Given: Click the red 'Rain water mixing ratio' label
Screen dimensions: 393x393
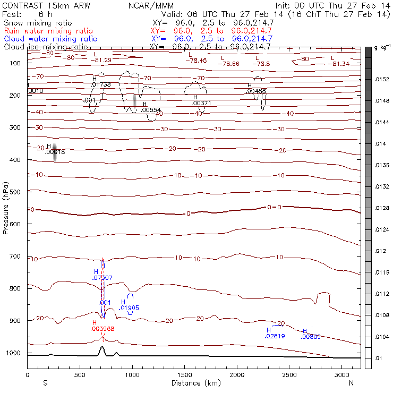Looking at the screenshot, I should tap(48, 31).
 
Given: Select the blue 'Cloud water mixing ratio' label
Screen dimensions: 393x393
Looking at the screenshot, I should tap(50, 39).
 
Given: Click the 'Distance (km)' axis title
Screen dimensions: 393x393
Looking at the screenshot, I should tap(194, 383).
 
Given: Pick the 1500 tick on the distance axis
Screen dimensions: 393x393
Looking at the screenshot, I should tap(184, 375).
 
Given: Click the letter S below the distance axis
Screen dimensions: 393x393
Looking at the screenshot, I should tap(45, 383).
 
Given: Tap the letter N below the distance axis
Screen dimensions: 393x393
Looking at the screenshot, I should tap(351, 383).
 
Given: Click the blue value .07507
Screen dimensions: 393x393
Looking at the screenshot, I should tap(102, 278).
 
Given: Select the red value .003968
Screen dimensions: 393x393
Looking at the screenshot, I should tap(102, 329).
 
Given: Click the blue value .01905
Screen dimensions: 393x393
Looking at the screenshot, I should tap(129, 308).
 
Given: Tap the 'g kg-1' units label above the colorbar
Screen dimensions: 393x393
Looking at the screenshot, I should tap(382, 48).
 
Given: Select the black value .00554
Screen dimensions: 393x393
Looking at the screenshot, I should tap(151, 110).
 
